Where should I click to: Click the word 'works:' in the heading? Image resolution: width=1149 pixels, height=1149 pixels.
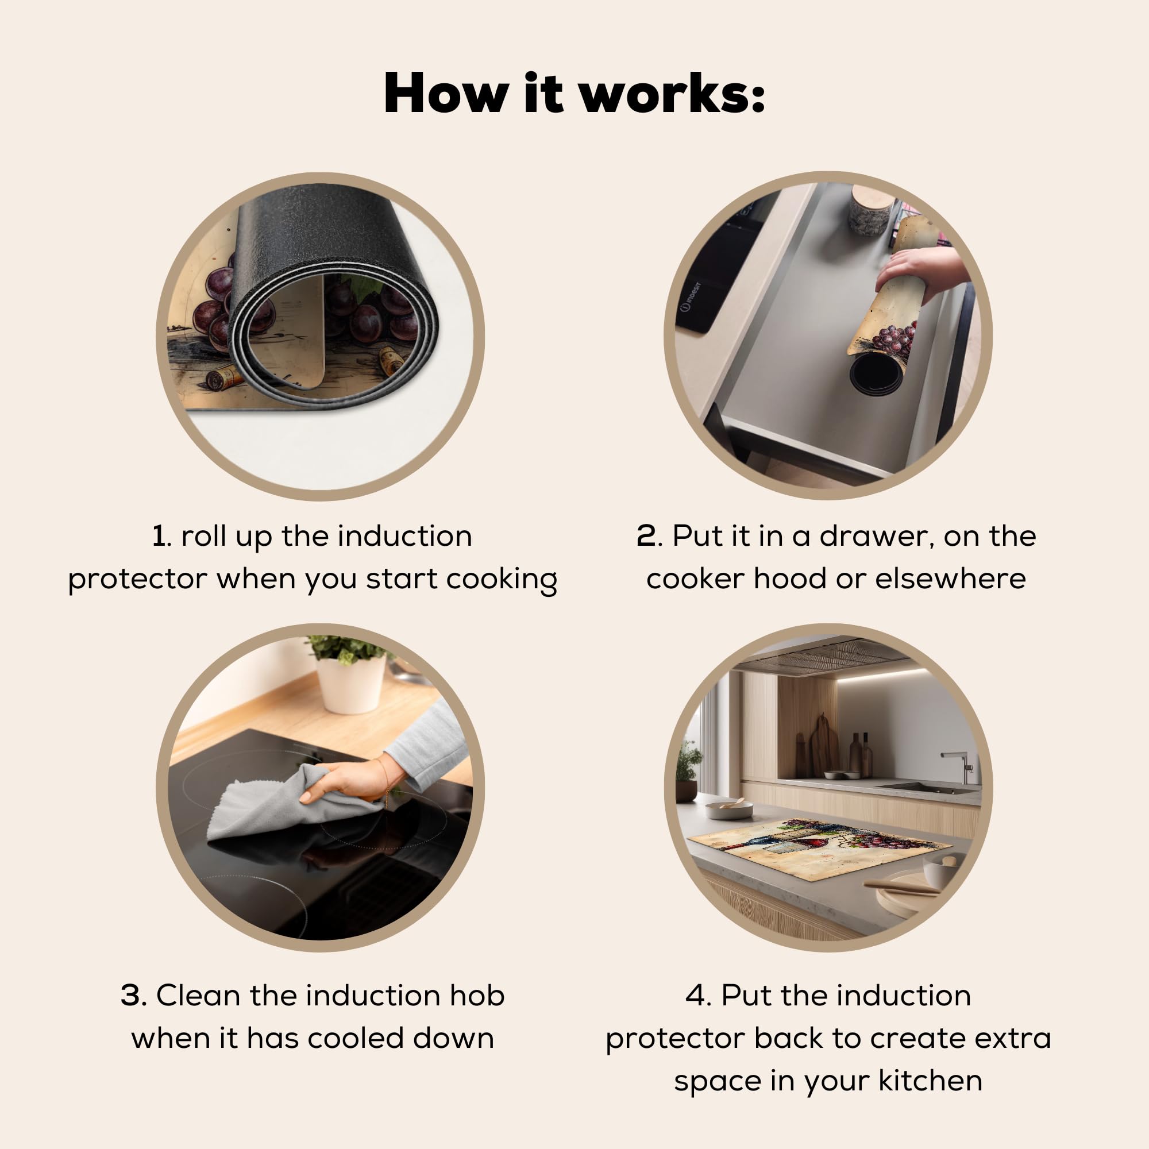[672, 94]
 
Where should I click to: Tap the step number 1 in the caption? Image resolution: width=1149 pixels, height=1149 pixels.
[159, 536]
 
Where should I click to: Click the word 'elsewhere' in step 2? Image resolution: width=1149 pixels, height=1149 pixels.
[950, 579]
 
